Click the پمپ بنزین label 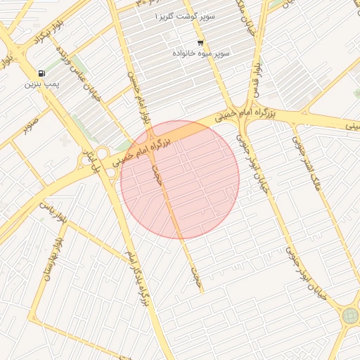point(39,84)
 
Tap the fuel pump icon point(42,73)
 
